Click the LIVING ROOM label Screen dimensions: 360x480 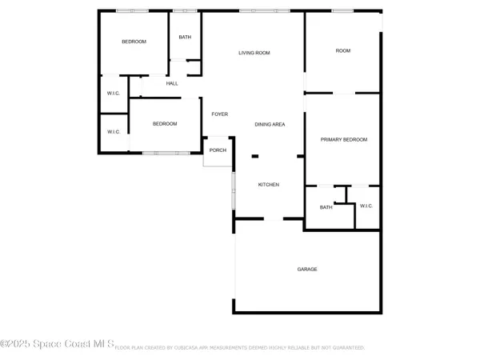(x=254, y=53)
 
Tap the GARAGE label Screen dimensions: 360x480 (x=307, y=269)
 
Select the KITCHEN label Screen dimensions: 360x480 (x=268, y=185)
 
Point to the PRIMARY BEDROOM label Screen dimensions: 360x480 (x=344, y=140)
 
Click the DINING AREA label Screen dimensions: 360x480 (x=270, y=124)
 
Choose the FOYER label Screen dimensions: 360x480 (x=220, y=114)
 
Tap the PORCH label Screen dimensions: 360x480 (x=218, y=150)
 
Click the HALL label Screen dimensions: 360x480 (x=172, y=83)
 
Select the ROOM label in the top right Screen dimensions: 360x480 (x=343, y=50)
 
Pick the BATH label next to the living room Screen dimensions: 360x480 (x=185, y=38)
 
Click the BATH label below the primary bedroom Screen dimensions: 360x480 (x=326, y=207)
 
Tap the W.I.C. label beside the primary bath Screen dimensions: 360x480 (x=366, y=206)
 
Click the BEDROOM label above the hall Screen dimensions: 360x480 (x=134, y=42)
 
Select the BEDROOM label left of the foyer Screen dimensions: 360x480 (x=165, y=123)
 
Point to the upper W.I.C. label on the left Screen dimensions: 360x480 (x=114, y=93)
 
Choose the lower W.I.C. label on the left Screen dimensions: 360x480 (x=114, y=132)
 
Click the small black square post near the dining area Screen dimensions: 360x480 (x=255, y=156)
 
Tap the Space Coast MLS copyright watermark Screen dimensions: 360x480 (x=58, y=343)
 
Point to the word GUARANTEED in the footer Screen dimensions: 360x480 (x=346, y=348)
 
